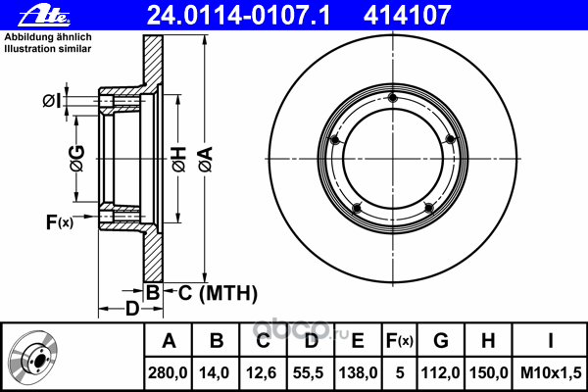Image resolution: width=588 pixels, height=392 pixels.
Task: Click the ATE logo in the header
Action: [x=44, y=16]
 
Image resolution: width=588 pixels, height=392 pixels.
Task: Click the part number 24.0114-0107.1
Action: [x=238, y=16]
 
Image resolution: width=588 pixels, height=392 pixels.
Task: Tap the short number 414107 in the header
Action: [x=408, y=16]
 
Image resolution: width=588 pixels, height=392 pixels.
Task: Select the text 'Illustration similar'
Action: [x=48, y=49]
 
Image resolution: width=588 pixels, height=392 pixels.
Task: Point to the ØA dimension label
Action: [x=206, y=160]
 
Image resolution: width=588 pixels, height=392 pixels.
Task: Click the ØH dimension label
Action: [x=179, y=160]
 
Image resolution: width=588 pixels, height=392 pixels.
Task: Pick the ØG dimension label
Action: [x=76, y=159]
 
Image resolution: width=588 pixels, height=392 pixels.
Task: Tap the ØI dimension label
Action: [x=51, y=101]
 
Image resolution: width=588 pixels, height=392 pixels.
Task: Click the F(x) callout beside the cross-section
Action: [x=59, y=222]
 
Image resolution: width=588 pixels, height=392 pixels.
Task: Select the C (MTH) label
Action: [x=218, y=293]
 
